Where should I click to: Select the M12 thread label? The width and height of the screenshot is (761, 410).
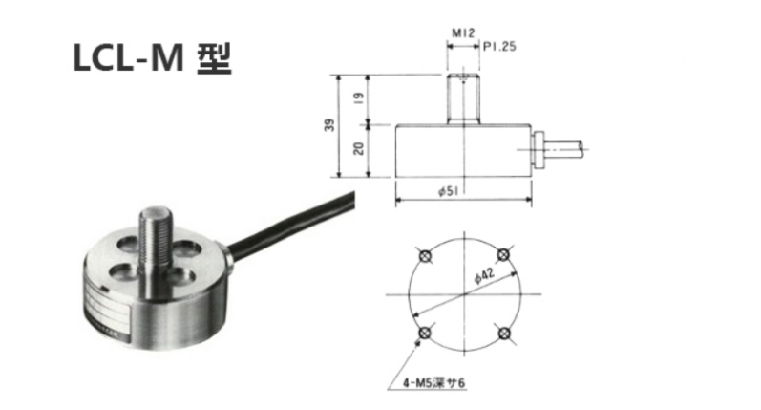463,35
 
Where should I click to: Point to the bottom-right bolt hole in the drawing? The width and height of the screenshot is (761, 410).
504,334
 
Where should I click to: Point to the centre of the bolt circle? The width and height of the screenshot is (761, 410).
464,294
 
